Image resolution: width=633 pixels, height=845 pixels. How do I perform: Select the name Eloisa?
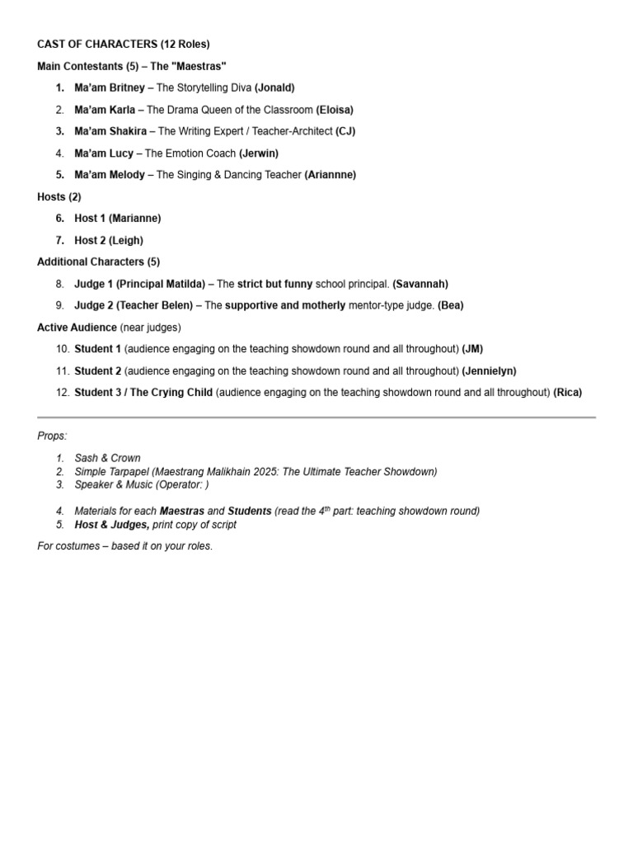tap(335, 110)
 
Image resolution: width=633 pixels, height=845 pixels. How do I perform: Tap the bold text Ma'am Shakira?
tap(110, 131)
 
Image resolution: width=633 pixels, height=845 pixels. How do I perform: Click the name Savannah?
tap(420, 284)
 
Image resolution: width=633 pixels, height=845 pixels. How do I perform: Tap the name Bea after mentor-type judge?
tap(451, 305)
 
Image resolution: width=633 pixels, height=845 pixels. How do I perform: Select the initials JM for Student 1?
tap(473, 349)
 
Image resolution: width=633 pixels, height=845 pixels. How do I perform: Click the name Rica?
tap(568, 393)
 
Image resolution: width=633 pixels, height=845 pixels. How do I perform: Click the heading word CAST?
tap(51, 44)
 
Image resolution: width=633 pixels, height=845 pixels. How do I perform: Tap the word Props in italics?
tap(52, 436)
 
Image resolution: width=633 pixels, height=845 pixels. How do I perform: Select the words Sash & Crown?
tap(107, 458)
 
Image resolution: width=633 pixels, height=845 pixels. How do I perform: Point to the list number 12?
tap(63, 393)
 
